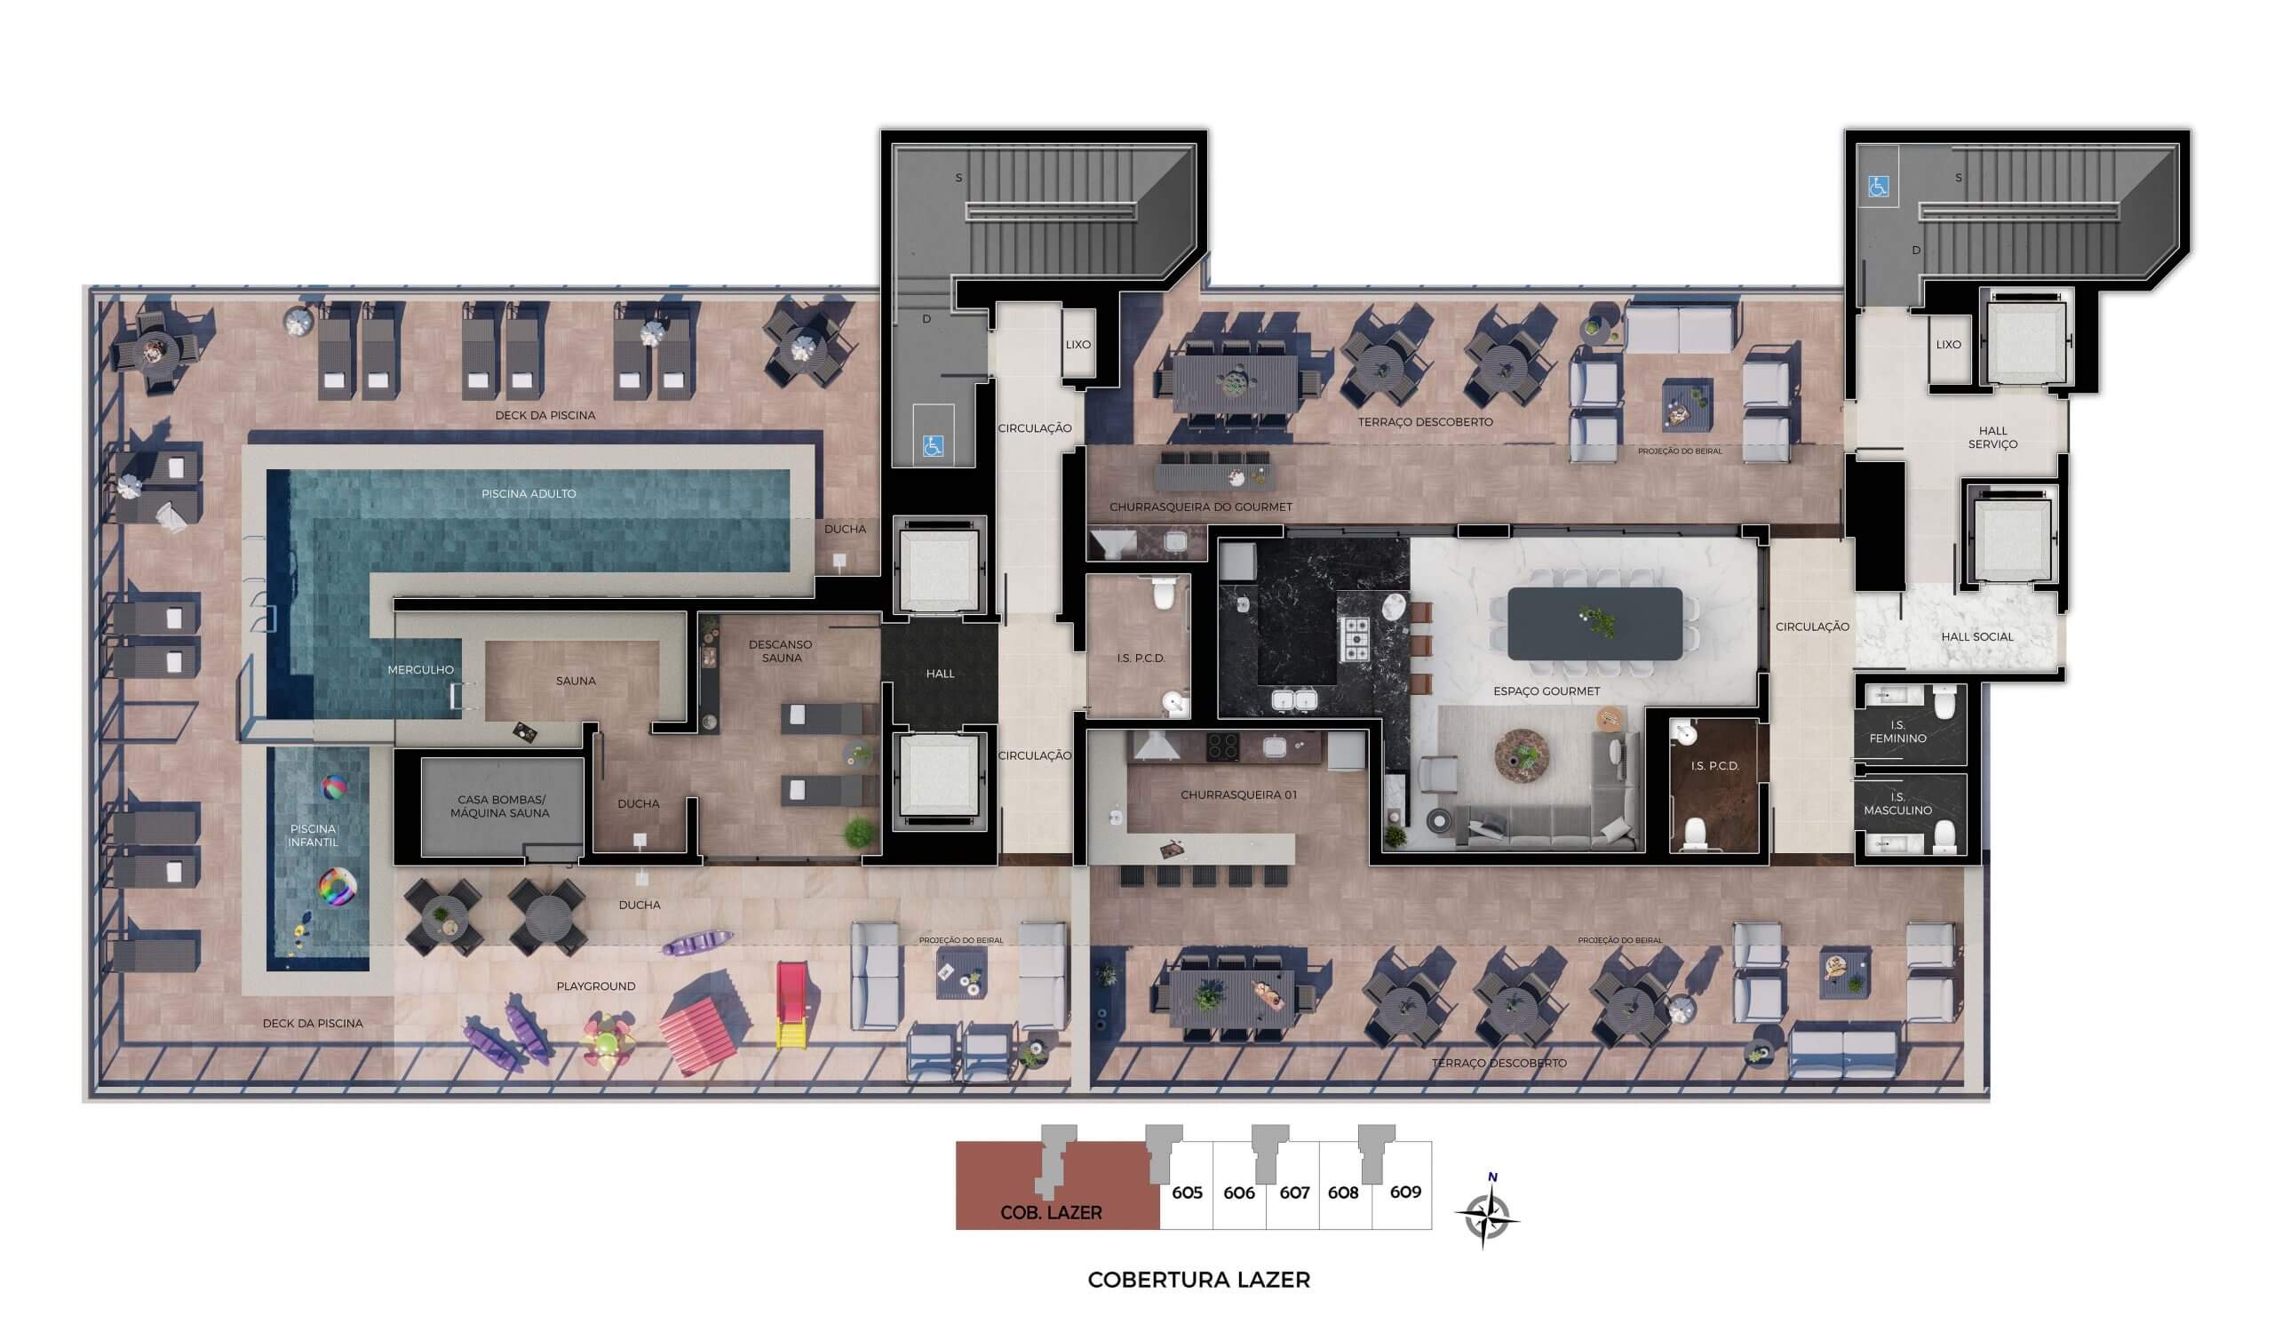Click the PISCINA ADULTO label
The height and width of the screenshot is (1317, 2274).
(x=529, y=494)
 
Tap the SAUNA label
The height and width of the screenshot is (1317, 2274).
(x=576, y=681)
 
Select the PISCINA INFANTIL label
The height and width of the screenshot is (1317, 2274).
(x=314, y=835)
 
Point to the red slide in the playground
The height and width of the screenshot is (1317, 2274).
(x=791, y=1005)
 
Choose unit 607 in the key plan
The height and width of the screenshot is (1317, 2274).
(x=1294, y=1193)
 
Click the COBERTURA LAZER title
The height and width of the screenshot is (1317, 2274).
(x=1198, y=1279)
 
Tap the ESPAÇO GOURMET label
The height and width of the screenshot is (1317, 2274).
(x=1546, y=691)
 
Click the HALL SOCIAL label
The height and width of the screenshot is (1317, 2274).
(x=1977, y=636)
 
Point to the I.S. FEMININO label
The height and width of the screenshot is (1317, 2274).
(x=1897, y=731)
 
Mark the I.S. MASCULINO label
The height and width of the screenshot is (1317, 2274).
(x=1897, y=803)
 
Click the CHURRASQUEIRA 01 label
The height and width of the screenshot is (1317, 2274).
(x=1239, y=795)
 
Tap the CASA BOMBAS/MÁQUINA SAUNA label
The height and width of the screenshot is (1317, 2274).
(x=500, y=806)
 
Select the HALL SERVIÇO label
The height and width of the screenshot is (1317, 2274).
(x=1992, y=437)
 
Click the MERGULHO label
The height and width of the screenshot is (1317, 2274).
(x=420, y=670)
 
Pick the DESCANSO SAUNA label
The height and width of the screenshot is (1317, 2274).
(x=781, y=651)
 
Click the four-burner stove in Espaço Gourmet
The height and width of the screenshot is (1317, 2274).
(x=1356, y=639)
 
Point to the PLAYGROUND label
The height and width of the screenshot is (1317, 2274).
(x=595, y=986)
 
